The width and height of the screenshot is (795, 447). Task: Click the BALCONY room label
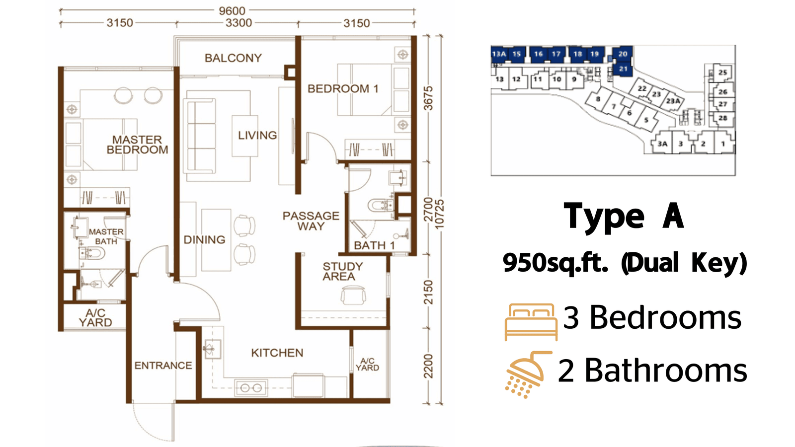[233, 58]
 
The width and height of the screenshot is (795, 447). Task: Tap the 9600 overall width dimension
[232, 11]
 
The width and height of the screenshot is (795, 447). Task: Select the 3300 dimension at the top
[239, 23]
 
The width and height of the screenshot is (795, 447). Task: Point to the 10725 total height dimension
[439, 214]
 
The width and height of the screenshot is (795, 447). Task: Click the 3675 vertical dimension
[429, 98]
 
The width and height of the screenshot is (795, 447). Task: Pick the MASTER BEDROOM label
[137, 145]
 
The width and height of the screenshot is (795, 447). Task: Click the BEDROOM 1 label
[343, 89]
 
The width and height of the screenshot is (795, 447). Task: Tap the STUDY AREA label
[342, 271]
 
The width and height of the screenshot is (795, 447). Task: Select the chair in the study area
[353, 296]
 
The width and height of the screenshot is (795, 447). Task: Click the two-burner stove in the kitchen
[251, 388]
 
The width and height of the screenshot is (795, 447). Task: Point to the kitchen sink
[212, 349]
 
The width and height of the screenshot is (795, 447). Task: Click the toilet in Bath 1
[381, 205]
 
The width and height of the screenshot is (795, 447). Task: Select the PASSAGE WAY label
[311, 221]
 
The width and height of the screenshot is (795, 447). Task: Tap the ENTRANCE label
[163, 366]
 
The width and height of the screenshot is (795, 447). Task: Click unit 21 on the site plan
[623, 69]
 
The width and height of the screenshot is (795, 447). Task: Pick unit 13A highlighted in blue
[499, 54]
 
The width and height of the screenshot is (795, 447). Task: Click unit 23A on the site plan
[673, 101]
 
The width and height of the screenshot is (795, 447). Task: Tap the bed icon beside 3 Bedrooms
[531, 322]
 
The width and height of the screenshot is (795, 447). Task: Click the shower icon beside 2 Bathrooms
[527, 374]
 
